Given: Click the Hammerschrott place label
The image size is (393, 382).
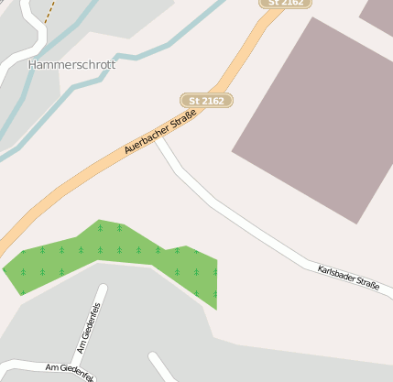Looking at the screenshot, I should click(71, 65).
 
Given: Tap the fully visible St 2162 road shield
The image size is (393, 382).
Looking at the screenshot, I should click(207, 100).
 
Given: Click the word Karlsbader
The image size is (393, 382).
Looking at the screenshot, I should click(334, 273).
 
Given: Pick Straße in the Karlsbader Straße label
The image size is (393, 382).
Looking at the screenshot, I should click(367, 284).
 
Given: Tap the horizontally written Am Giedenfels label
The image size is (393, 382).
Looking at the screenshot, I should click(68, 371).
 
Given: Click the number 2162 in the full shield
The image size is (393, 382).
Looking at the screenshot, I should click(213, 100).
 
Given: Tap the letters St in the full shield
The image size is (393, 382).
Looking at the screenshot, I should click(194, 100).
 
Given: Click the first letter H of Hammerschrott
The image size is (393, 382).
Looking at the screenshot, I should click(33, 65).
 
